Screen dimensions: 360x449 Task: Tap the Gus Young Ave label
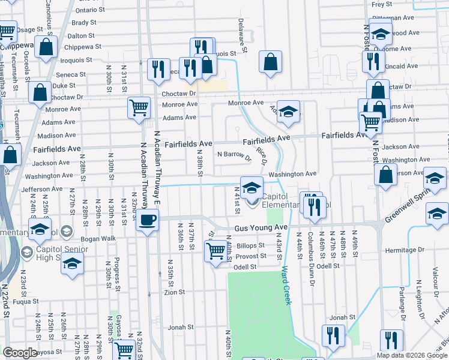pyautogui.click(x=261, y=228)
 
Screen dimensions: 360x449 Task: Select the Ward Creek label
pyautogui.click(x=286, y=286)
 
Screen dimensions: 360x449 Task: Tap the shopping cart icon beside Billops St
pyautogui.click(x=215, y=250)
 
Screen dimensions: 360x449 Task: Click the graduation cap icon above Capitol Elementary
pyautogui.click(x=252, y=186)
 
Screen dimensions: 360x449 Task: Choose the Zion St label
pyautogui.click(x=174, y=292)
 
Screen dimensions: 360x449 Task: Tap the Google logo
pyautogui.click(x=20, y=353)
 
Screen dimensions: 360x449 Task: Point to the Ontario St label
pyautogui.click(x=90, y=10)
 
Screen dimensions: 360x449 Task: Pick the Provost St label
pyautogui.click(x=251, y=256)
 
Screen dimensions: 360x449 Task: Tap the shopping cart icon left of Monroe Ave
pyautogui.click(x=138, y=108)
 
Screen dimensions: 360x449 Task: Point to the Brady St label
pyautogui.click(x=83, y=23)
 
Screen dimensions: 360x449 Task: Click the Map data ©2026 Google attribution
pyautogui.click(x=411, y=355)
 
